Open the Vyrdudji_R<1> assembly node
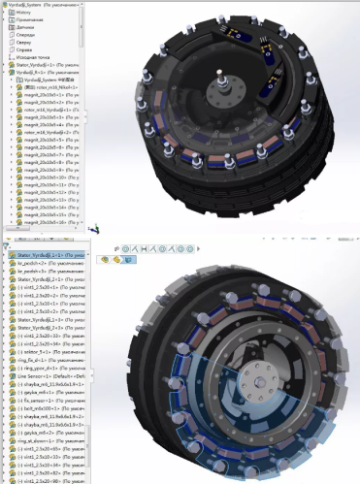33,72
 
